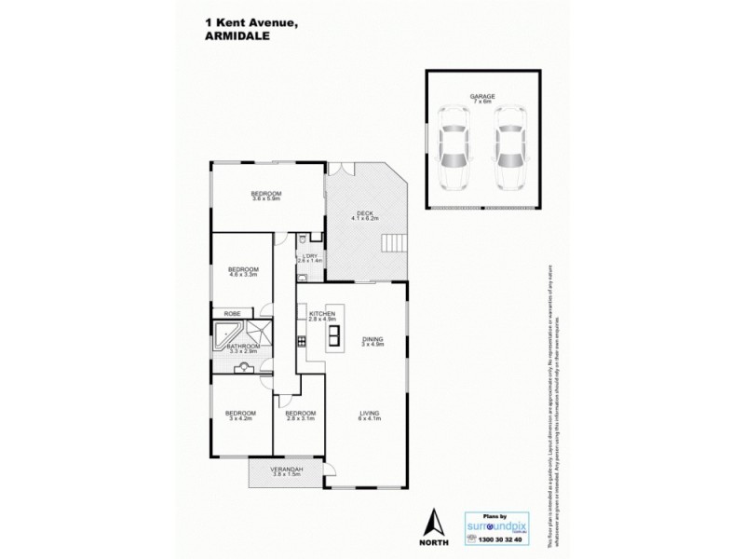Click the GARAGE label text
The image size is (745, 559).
481,97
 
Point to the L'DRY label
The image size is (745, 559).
309,256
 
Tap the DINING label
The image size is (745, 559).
373,340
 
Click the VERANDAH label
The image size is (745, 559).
267,470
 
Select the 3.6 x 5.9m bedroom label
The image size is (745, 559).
265,194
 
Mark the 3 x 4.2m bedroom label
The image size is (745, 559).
240,415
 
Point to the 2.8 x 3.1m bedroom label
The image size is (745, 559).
299,415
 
